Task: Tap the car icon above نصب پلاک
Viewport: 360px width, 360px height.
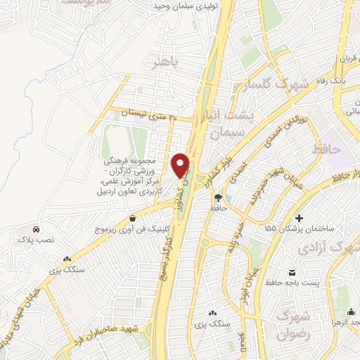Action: pos(36,229)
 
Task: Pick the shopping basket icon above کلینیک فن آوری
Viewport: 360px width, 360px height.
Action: pos(133,218)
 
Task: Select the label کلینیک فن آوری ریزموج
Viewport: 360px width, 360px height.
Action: pos(132,229)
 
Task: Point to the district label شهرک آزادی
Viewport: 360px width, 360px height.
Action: pos(325,247)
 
